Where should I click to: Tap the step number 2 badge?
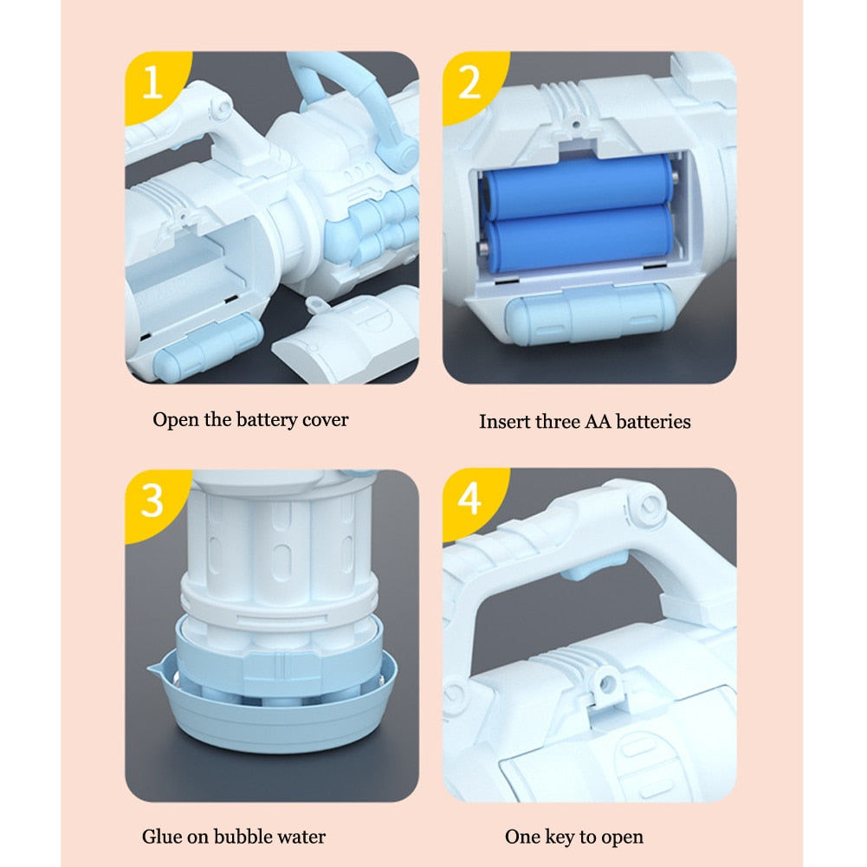pyautogui.click(x=470, y=83)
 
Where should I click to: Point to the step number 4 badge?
pyautogui.click(x=470, y=500)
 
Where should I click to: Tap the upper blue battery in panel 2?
pyautogui.click(x=578, y=184)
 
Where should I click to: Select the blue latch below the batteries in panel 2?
pyautogui.click(x=588, y=314)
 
